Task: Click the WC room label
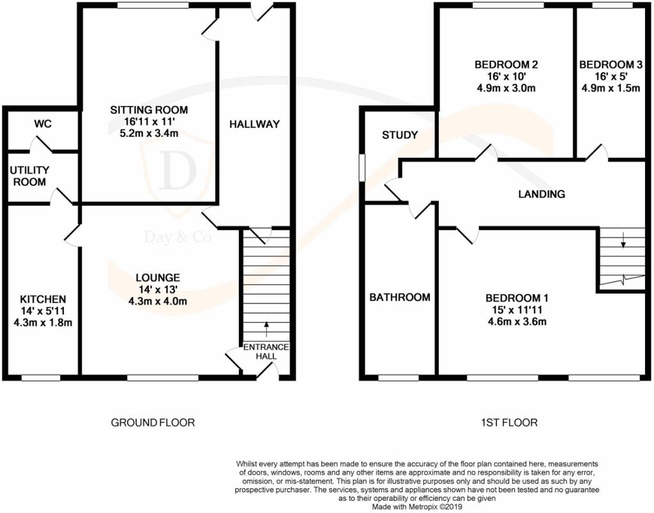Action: pos(43,124)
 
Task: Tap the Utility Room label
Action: pos(29,176)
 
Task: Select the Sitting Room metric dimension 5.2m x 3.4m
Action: pos(149,134)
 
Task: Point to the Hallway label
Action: pos(254,124)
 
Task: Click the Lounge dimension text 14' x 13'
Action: pos(158,289)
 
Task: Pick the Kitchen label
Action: pos(43,300)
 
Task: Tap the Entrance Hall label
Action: pos(266,351)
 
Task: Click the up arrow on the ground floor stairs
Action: pos(266,328)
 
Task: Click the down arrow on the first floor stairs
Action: pos(623,240)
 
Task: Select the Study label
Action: pos(400,135)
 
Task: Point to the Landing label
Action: pos(542,194)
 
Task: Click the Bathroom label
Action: pos(400,297)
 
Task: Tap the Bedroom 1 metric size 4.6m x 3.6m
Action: pos(517,321)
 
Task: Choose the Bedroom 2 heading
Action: pos(506,65)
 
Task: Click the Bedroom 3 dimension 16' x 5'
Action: pos(611,76)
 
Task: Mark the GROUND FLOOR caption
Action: pos(153,422)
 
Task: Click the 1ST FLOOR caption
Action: pos(509,422)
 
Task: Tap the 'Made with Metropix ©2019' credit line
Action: pos(417,507)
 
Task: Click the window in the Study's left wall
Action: pos(362,167)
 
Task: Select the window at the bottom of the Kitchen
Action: pos(41,378)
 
